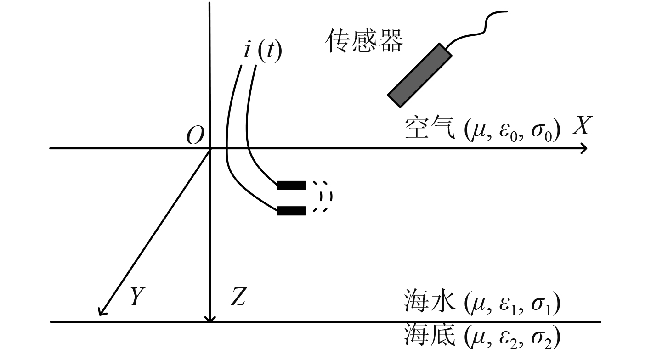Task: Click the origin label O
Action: pos(195,136)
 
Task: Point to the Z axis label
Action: pos(238,298)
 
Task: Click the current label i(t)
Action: pos(262,51)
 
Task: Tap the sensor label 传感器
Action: pos(365,41)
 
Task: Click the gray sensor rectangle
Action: pos(420,75)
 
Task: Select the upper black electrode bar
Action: pos(291,186)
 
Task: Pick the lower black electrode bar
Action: pos(291,211)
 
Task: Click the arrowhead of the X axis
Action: pos(584,148)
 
